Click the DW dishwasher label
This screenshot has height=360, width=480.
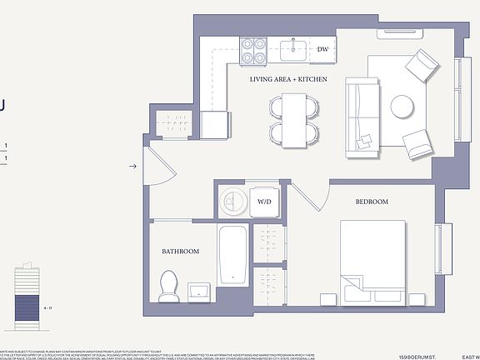pos(322,49)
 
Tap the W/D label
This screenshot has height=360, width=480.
pos(264,202)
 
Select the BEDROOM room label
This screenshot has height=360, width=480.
pos(372,202)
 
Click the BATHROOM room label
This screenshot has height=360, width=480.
pos(181,252)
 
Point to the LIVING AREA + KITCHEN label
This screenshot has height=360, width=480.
pos(288,80)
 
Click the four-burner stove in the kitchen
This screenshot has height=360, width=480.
pos(253,50)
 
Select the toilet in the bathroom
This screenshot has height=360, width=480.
pos(169,286)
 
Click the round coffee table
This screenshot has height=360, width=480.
pos(403,107)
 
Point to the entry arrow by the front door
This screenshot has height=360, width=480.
pos(132,167)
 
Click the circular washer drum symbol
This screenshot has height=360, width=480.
pos(232,201)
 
